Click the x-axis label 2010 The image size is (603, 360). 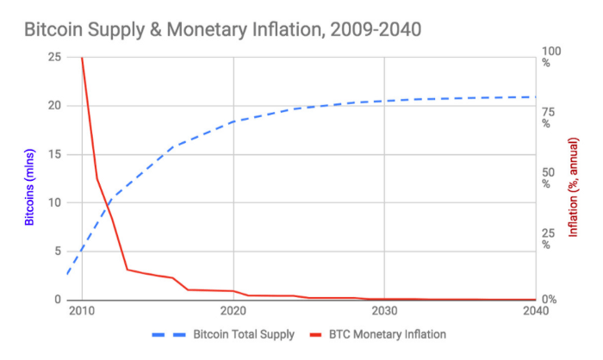coord(81,311)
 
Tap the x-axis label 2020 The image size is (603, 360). coord(233,311)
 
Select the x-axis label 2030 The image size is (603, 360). coord(384,311)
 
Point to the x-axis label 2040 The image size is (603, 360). coord(535,311)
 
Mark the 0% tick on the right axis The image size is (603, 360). coord(547,300)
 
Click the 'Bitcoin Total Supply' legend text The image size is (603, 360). coord(244,334)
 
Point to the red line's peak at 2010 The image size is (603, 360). coord(82,58)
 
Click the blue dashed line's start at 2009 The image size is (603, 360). coord(66,274)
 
